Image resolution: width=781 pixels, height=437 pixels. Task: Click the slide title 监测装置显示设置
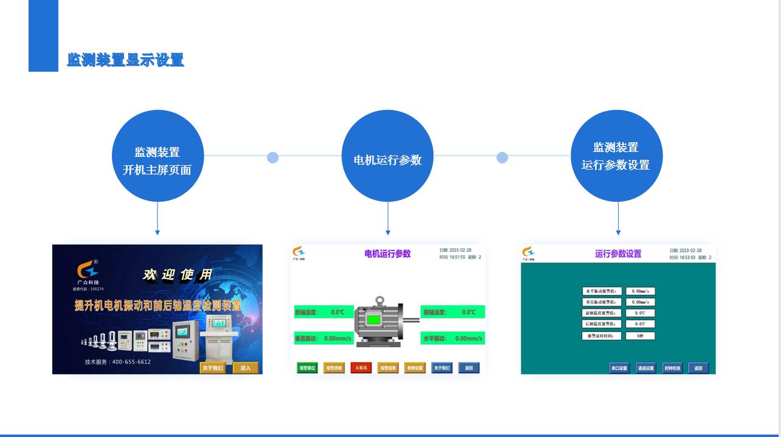[x=125, y=60]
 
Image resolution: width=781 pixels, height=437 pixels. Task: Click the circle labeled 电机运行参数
[x=388, y=156]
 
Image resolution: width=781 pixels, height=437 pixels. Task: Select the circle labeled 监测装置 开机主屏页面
[x=157, y=156]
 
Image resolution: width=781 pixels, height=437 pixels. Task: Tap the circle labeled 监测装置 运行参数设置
[x=616, y=156]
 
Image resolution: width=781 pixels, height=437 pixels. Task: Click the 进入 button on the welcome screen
[x=246, y=368]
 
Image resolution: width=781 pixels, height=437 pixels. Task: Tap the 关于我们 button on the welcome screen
[x=213, y=368]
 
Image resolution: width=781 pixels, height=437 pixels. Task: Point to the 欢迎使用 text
[x=177, y=275]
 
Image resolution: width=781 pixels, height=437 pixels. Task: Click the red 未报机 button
[x=361, y=368]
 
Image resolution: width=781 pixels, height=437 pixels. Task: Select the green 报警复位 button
[x=307, y=368]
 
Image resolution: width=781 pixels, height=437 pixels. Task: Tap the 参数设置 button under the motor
[x=415, y=368]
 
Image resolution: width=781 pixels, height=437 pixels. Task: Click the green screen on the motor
[x=373, y=320]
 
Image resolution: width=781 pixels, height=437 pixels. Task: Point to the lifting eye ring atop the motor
[x=379, y=300]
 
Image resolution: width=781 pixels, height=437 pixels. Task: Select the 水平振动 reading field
[x=453, y=339]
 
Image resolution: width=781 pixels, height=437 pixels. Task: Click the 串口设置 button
[x=619, y=368]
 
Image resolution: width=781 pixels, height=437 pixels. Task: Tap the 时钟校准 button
[x=672, y=368]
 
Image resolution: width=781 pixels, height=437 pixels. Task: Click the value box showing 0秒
[x=640, y=335]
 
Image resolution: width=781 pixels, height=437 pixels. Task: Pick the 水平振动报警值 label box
[x=602, y=291]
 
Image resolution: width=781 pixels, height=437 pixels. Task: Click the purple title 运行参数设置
[x=618, y=254]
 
